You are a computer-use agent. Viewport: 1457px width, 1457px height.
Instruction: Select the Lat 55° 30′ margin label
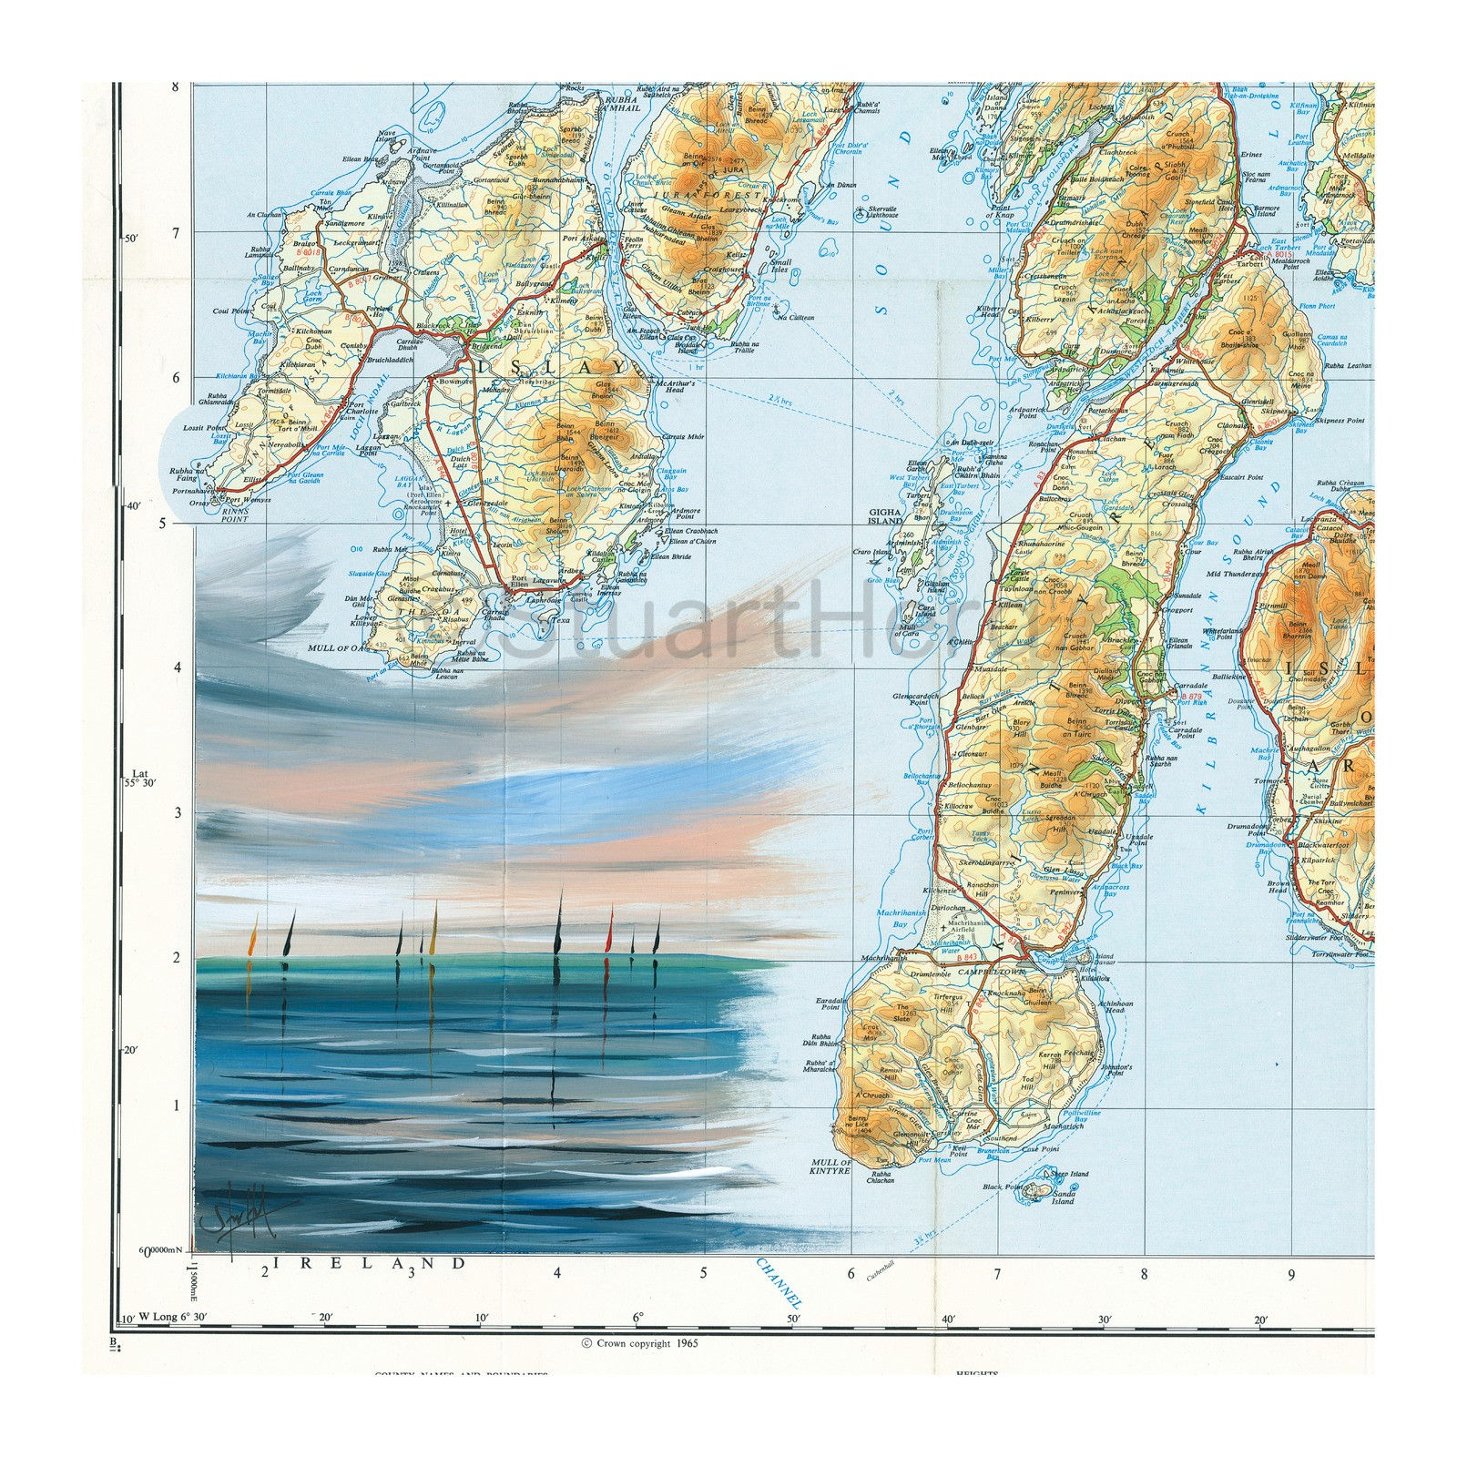[x=139, y=776]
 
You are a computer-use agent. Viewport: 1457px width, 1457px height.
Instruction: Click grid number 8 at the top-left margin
[x=175, y=88]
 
